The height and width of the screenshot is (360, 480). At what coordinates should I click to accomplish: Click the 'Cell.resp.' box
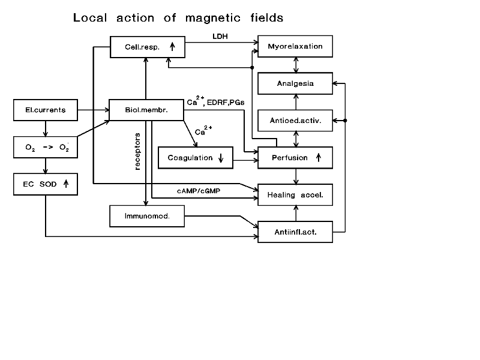146,47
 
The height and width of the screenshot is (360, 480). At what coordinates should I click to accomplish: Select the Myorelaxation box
295,46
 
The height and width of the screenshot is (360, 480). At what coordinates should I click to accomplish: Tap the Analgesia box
295,83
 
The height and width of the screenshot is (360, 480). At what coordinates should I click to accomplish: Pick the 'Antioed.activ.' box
295,121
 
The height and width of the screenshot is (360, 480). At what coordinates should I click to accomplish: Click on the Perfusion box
295,158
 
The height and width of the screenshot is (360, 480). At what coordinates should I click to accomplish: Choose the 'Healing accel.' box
295,194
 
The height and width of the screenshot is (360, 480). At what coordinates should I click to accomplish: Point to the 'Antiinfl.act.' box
295,231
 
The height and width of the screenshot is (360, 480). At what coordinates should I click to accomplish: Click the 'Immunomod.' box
146,216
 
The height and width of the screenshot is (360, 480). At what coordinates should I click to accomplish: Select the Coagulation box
195,158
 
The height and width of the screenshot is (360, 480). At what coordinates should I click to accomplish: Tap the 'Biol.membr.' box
146,110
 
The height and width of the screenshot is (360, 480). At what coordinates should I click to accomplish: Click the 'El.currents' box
46,110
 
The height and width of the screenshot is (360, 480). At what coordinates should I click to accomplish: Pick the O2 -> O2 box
46,147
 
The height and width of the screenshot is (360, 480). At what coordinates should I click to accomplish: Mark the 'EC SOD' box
46,184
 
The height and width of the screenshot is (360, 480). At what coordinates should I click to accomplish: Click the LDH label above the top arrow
220,37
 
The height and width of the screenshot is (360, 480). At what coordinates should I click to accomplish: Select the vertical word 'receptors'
137,151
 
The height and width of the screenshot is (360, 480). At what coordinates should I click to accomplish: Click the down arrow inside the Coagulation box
221,158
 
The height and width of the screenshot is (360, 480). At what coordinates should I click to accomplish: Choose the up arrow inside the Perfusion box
318,158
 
